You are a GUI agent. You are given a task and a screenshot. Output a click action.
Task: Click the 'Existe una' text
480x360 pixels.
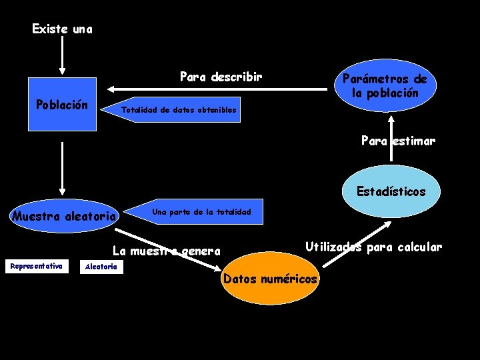pyautogui.click(x=63, y=29)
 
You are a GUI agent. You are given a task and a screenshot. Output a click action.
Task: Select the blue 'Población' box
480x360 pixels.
pyautogui.click(x=62, y=105)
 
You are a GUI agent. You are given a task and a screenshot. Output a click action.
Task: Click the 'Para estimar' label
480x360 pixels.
pyautogui.click(x=398, y=141)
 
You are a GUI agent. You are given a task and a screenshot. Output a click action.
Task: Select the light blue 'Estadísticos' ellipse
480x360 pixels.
pyautogui.click(x=391, y=192)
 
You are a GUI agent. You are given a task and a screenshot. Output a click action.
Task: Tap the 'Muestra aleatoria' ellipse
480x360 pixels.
pyautogui.click(x=65, y=215)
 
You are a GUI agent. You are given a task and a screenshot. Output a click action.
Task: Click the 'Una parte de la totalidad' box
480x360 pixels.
pyautogui.click(x=201, y=212)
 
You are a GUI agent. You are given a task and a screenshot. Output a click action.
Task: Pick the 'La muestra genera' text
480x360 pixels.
pyautogui.click(x=166, y=251)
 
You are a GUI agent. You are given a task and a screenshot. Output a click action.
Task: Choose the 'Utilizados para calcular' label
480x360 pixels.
pyautogui.click(x=373, y=247)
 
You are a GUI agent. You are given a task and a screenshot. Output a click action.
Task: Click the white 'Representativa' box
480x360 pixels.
pyautogui.click(x=37, y=267)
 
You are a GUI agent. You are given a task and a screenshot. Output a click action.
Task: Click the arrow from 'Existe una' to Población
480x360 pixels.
pyautogui.click(x=62, y=56)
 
